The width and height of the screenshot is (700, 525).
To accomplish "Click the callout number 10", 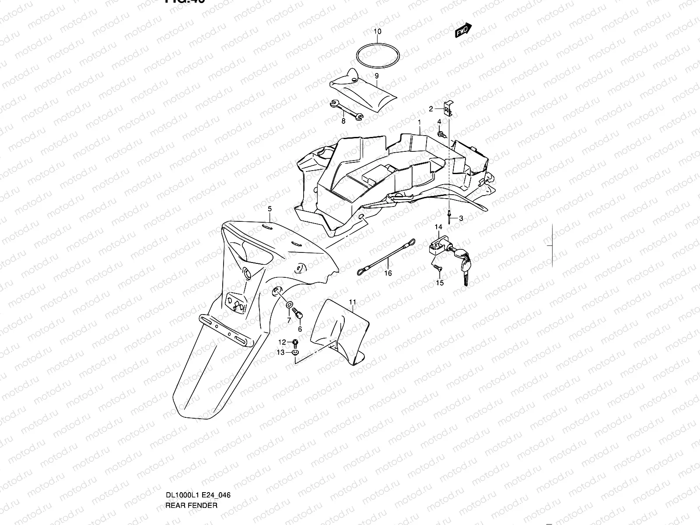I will pyautogui.click(x=377, y=31).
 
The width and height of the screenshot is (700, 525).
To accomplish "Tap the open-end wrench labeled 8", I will pyautogui.click(x=346, y=110).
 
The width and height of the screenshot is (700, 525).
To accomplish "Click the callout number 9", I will pyautogui.click(x=376, y=76).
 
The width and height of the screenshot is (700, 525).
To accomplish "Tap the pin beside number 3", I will pyautogui.click(x=450, y=213).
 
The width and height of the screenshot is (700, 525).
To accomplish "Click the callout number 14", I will pyautogui.click(x=438, y=227).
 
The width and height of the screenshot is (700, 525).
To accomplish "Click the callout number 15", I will pyautogui.click(x=440, y=283).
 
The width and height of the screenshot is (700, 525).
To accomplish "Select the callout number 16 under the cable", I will pyautogui.click(x=388, y=273).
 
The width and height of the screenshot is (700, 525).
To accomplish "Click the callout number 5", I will pyautogui.click(x=270, y=209).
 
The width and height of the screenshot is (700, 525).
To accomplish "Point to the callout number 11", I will pyautogui.click(x=353, y=302).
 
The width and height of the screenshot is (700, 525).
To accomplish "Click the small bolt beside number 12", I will pyautogui.click(x=296, y=342).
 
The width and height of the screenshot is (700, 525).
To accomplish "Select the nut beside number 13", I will pyautogui.click(x=295, y=353).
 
